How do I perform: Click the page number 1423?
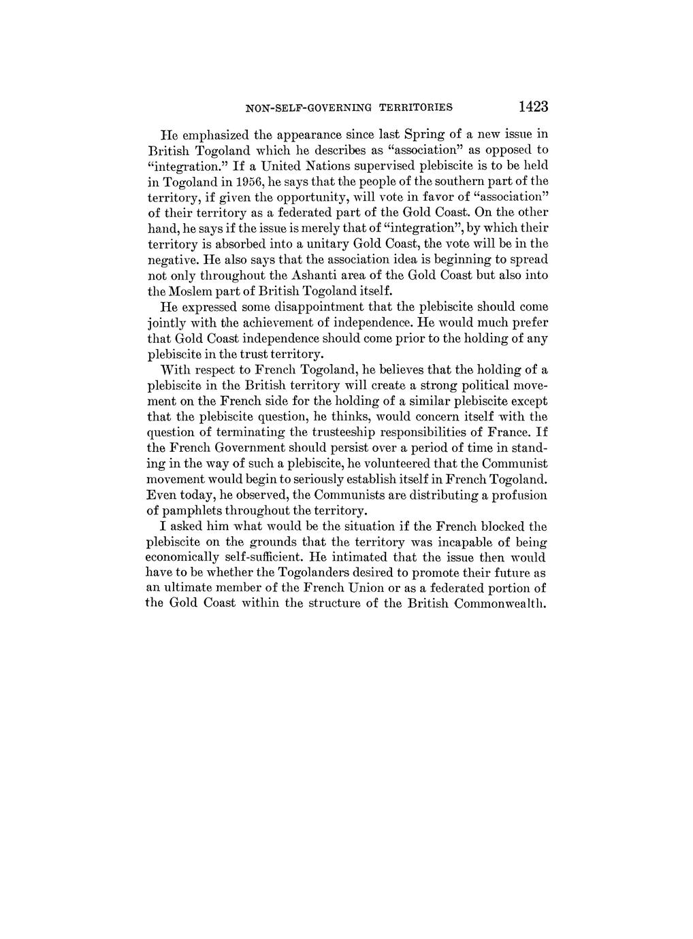532,107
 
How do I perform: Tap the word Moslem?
193,291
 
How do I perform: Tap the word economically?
184,557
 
